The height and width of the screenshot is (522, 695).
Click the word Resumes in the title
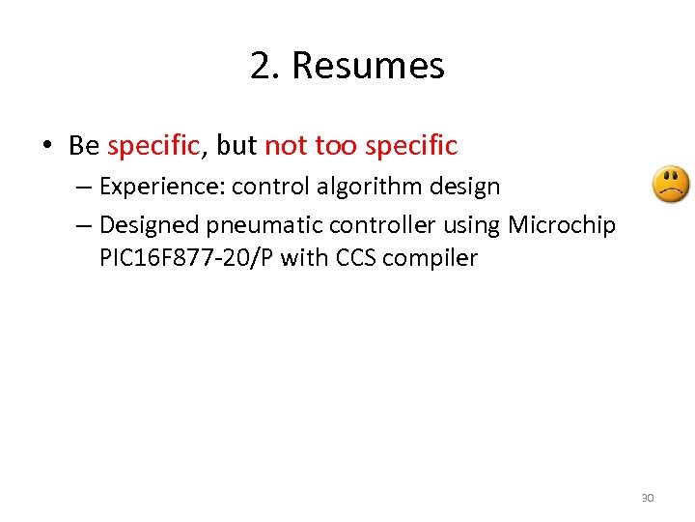pyautogui.click(x=368, y=66)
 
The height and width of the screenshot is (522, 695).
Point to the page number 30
pyautogui.click(x=647, y=498)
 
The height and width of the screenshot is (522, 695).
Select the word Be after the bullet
pyautogui.click(x=84, y=146)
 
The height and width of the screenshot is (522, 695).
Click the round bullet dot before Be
pyautogui.click(x=46, y=147)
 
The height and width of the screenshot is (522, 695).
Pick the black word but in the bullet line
pyautogui.click(x=236, y=146)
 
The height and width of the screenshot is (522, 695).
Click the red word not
pyautogui.click(x=284, y=146)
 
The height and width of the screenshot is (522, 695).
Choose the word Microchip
pyautogui.click(x=563, y=225)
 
